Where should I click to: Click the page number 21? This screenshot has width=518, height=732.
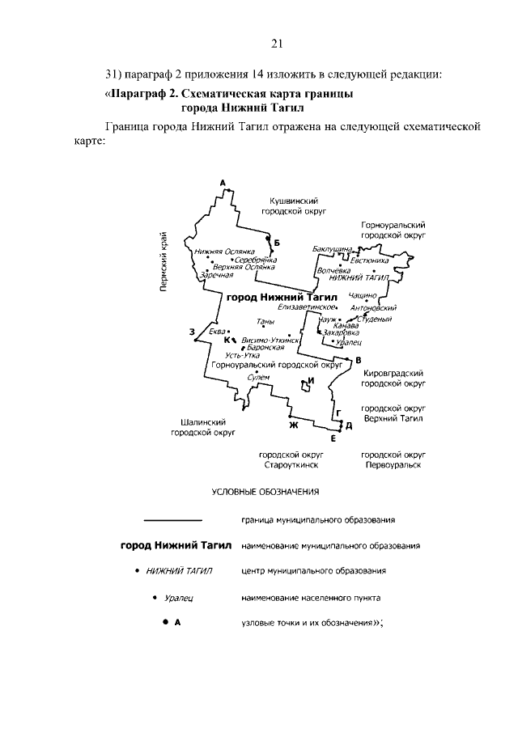tap(275, 43)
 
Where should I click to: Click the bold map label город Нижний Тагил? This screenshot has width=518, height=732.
tap(270, 297)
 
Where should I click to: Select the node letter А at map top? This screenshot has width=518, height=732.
tap(222, 184)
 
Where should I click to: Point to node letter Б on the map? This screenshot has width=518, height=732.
tap(276, 242)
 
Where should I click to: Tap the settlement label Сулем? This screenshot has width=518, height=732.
tap(258, 377)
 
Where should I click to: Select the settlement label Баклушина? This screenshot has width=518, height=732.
tap(332, 251)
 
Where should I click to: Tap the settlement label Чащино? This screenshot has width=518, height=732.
tap(363, 297)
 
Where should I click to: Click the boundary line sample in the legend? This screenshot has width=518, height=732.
tap(172, 519)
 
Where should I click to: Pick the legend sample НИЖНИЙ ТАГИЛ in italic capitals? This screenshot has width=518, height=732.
tap(180, 571)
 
